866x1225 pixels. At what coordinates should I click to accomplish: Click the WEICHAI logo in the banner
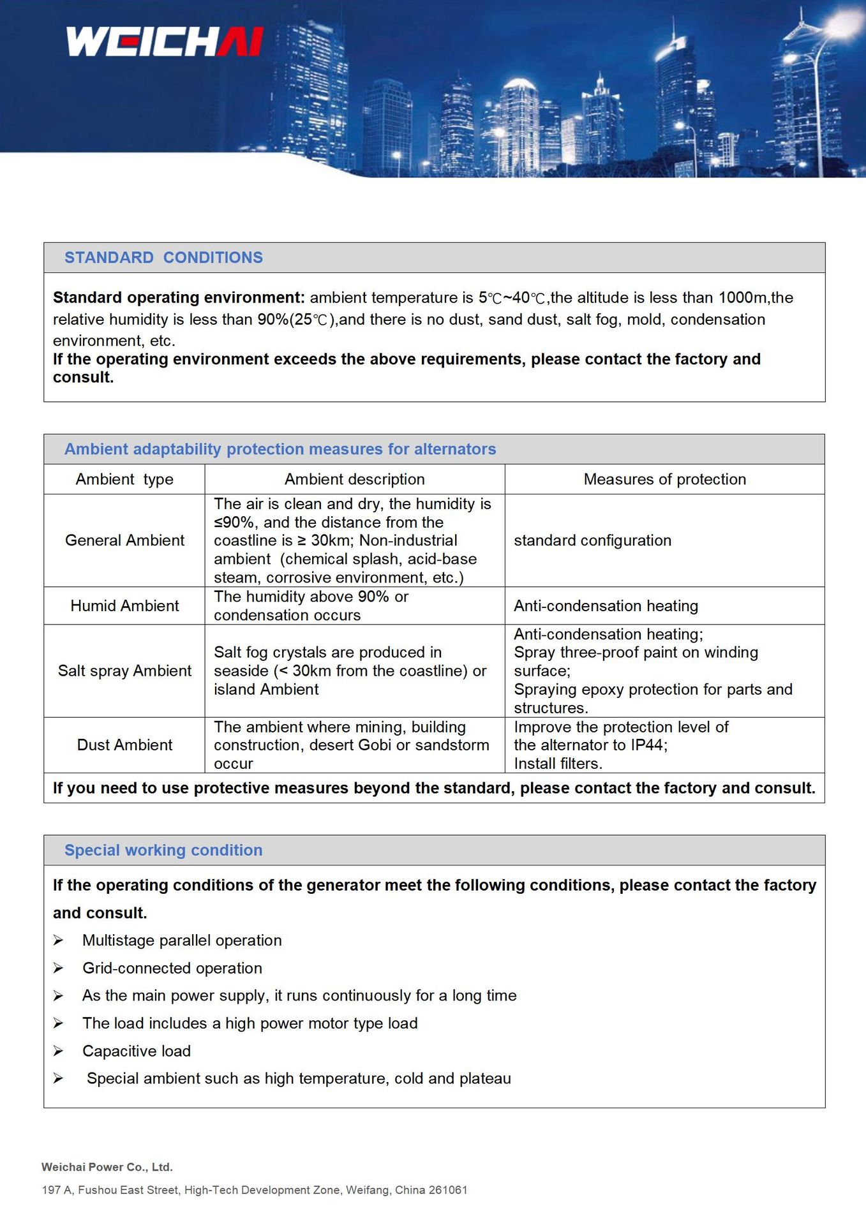(x=165, y=41)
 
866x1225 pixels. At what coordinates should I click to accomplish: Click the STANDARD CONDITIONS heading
(x=163, y=258)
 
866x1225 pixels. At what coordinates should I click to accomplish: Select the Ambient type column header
(x=124, y=479)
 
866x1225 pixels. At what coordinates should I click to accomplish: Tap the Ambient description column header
(x=354, y=479)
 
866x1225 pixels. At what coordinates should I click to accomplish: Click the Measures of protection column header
(x=664, y=479)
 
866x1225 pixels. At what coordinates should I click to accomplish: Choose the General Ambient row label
(x=124, y=540)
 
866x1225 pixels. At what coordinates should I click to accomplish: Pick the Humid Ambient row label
(x=124, y=605)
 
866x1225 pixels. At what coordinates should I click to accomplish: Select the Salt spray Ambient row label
(x=124, y=671)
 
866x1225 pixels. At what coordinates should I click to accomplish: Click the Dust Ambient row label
(x=124, y=745)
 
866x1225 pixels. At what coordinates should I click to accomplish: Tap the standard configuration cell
(x=592, y=540)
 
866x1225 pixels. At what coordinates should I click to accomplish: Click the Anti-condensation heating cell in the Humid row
(x=606, y=605)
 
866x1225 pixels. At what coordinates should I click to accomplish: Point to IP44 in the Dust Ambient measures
(x=647, y=745)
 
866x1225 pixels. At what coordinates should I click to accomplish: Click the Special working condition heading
(x=163, y=850)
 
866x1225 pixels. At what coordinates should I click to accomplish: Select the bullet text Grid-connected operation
(x=172, y=968)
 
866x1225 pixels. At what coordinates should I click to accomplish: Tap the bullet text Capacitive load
(x=137, y=1051)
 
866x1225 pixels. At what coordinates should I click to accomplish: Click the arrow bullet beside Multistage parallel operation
(x=58, y=940)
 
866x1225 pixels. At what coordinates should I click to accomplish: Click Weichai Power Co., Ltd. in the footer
(x=107, y=1167)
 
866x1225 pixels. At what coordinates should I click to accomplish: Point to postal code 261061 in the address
(x=448, y=1190)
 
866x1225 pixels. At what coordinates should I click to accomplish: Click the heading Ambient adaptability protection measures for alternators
(x=280, y=449)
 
